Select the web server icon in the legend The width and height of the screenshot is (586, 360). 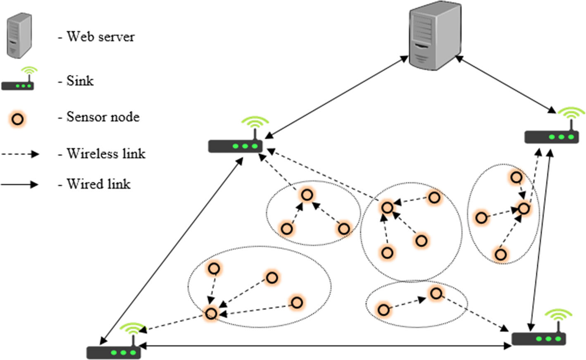19,35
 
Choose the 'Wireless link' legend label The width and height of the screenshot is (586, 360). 106,154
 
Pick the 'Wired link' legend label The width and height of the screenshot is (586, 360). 98,184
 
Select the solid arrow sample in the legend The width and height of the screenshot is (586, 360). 19,184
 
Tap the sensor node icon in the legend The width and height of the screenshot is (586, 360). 18,119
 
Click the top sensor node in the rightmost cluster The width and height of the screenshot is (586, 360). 516,178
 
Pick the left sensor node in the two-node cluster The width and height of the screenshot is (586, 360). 384,310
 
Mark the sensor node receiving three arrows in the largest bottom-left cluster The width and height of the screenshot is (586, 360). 211,313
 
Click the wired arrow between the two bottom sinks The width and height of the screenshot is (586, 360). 326,346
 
